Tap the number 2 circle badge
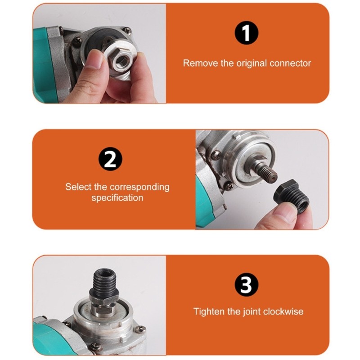pyautogui.click(x=110, y=160)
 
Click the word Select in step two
pyautogui.click(x=77, y=187)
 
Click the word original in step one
pyautogui.click(x=252, y=63)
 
